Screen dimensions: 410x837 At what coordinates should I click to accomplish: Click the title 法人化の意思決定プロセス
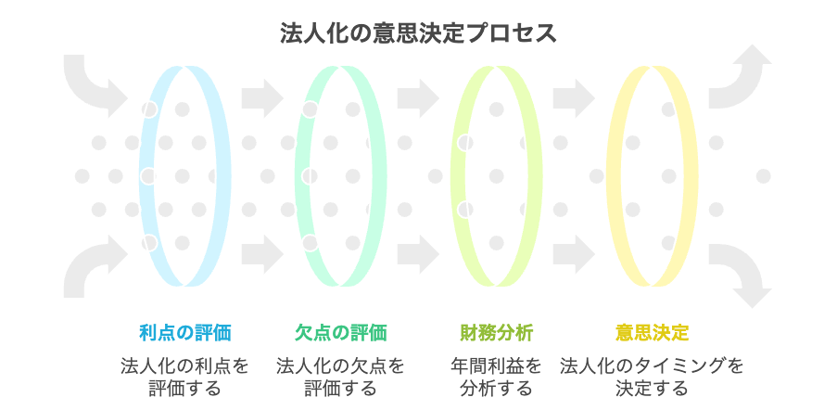(418, 34)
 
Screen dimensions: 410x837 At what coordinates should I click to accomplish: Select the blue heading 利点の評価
(184, 332)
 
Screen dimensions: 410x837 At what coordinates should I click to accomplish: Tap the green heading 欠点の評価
(340, 332)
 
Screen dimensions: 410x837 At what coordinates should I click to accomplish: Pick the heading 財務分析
(496, 332)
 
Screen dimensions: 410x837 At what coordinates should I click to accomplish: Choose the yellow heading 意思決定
(652, 332)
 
